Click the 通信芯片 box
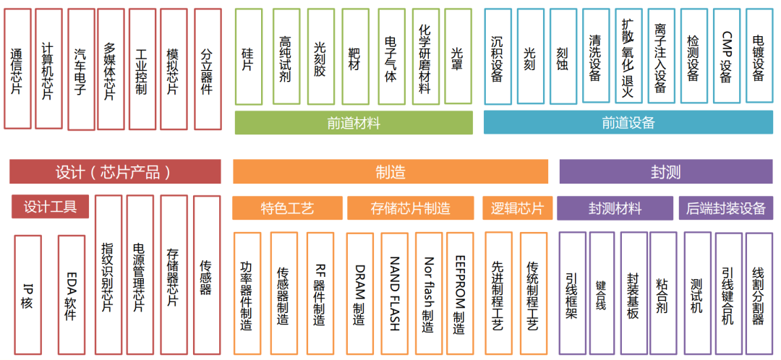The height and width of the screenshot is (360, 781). tap(17, 69)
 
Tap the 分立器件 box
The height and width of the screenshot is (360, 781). tap(208, 69)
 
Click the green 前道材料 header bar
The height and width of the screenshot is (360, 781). tap(354, 123)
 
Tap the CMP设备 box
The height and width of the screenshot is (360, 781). tap(726, 56)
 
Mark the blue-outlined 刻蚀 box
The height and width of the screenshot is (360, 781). tap(563, 56)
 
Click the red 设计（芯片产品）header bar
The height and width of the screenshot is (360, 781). tap(115, 172)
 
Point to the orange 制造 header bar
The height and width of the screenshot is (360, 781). tap(390, 172)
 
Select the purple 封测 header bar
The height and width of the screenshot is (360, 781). tap(665, 172)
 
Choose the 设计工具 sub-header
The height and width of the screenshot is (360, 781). tap(50, 207)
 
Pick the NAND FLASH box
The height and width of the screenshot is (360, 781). tap(395, 293)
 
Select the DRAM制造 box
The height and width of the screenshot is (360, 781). tap(359, 293)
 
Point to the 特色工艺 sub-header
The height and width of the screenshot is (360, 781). tap(287, 208)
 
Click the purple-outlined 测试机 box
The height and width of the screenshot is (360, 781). tap(697, 293)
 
